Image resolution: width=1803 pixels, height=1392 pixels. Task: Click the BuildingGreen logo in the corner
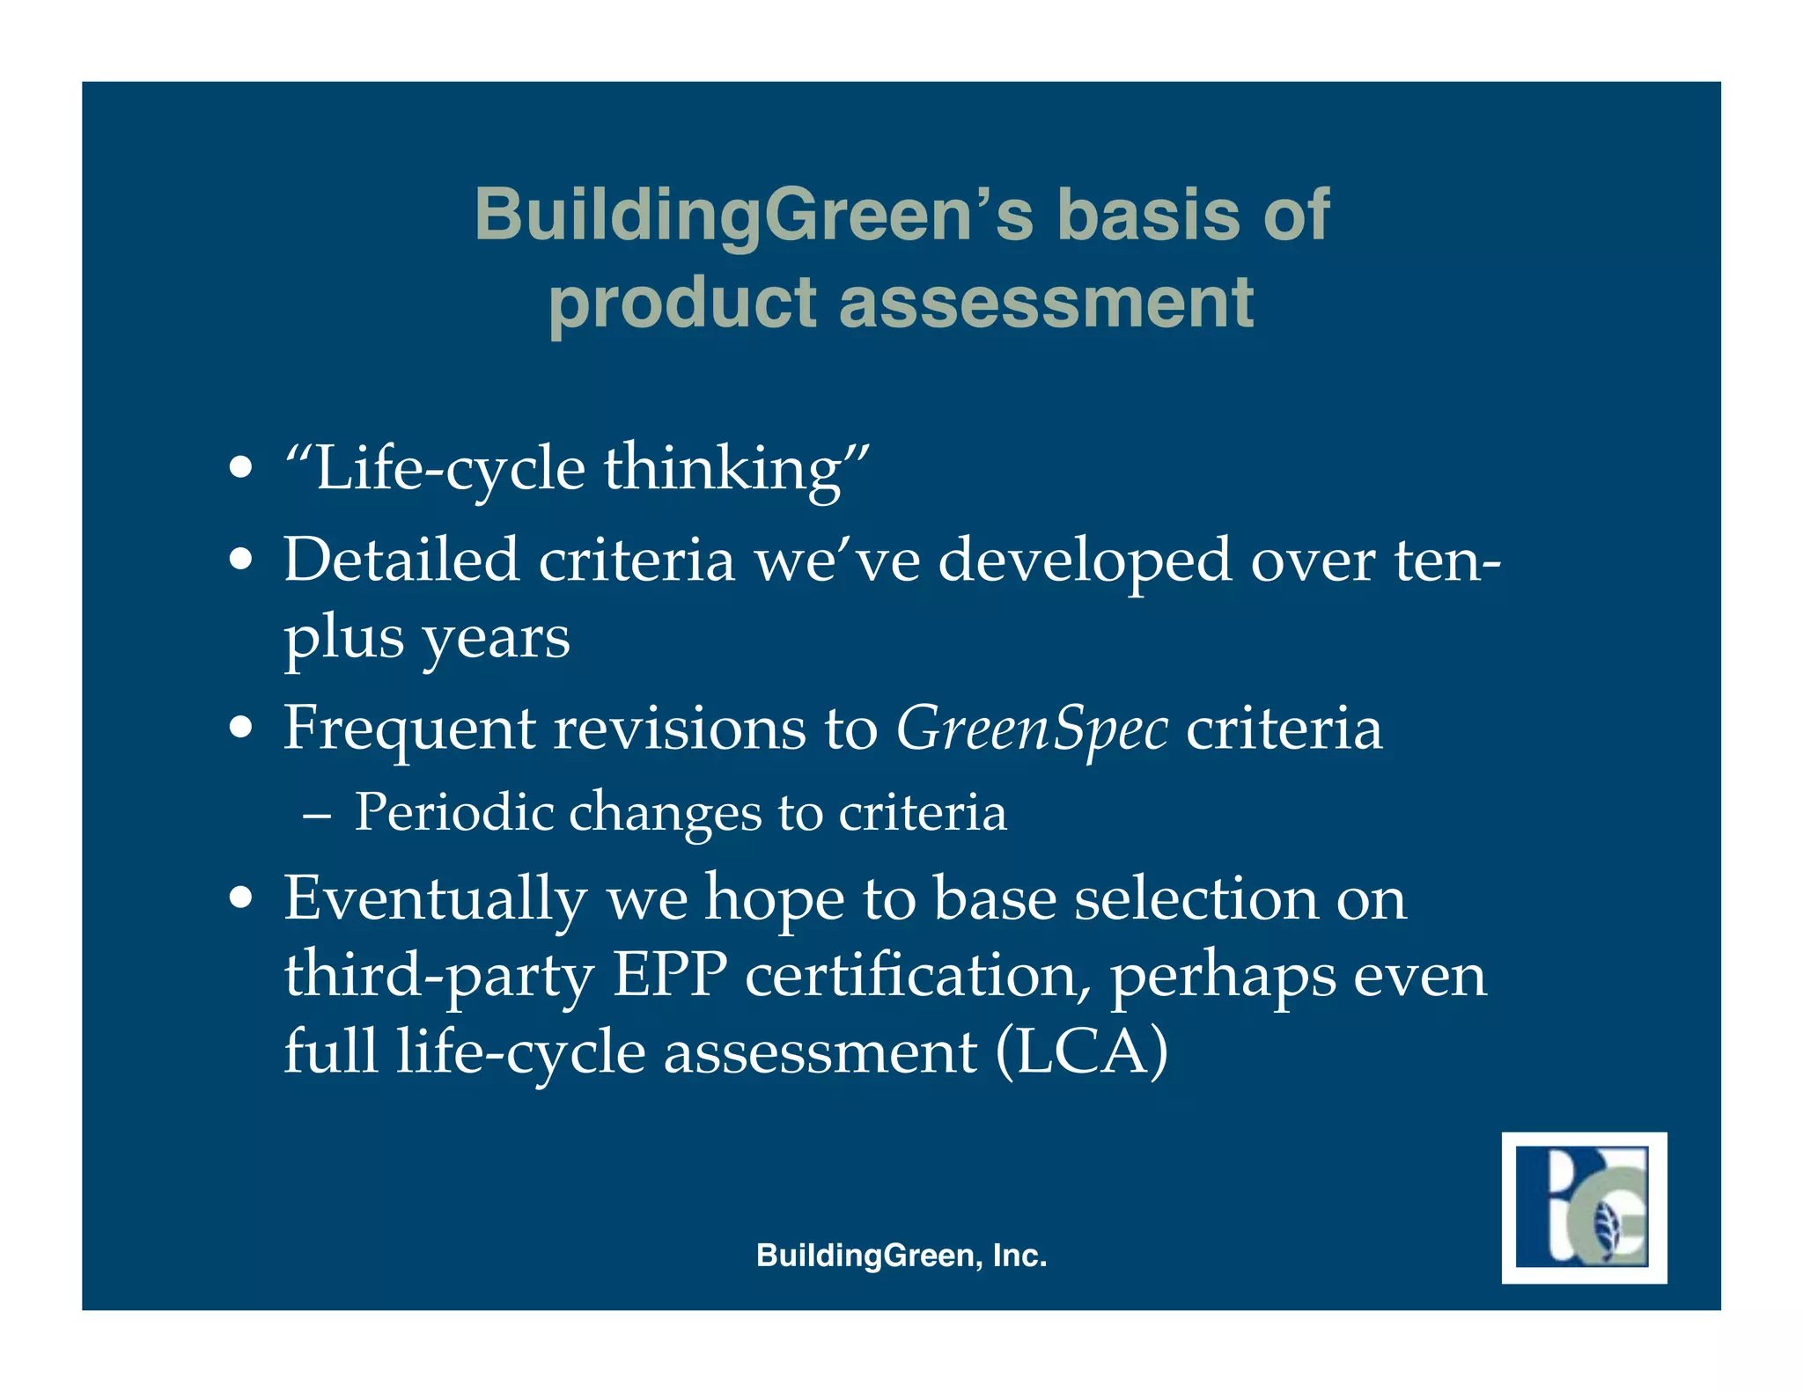(x=1583, y=1206)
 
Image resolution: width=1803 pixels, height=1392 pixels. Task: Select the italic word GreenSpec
(x=1032, y=729)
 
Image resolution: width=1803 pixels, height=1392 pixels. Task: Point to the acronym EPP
(x=669, y=975)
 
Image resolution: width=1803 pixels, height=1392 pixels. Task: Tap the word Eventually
(x=435, y=899)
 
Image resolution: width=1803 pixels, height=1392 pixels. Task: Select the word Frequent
(x=408, y=729)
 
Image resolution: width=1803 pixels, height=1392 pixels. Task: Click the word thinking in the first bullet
(x=723, y=468)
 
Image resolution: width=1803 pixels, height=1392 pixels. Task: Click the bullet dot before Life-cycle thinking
(x=240, y=468)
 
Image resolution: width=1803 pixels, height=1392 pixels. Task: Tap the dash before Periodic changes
(x=316, y=815)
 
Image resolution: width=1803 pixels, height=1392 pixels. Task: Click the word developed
(x=1084, y=561)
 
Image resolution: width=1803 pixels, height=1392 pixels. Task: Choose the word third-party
(x=438, y=977)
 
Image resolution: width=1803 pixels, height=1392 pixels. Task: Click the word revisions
(x=679, y=729)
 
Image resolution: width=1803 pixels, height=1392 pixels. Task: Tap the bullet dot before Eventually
(x=240, y=899)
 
